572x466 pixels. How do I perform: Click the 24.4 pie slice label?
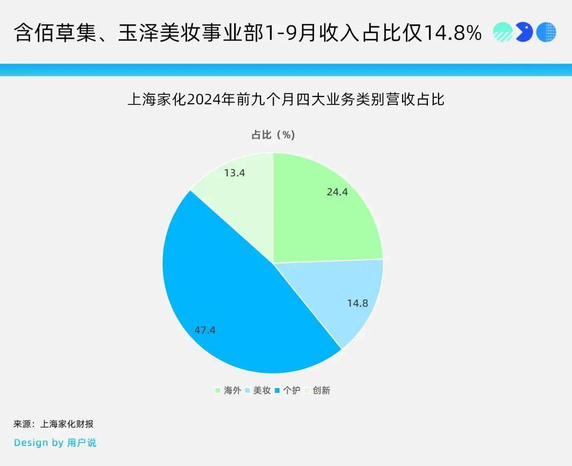point(337,192)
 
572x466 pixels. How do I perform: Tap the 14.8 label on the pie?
point(358,303)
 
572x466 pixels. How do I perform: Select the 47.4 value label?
point(204,330)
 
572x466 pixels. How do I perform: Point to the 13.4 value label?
point(234,173)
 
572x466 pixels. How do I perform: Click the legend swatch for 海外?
point(218,390)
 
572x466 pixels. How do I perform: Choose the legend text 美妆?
point(262,390)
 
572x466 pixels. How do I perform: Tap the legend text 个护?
point(291,390)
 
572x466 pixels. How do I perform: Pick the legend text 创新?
point(321,390)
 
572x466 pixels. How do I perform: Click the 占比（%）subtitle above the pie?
point(273,135)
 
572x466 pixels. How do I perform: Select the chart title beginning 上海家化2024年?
point(286,100)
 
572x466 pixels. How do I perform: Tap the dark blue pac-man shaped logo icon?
point(524,32)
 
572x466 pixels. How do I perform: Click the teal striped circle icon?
point(503,32)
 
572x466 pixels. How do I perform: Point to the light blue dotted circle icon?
point(546,32)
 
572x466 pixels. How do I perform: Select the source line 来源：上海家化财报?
point(53,424)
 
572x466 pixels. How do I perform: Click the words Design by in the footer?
point(39,443)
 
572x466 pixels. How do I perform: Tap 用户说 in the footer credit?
point(82,443)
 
